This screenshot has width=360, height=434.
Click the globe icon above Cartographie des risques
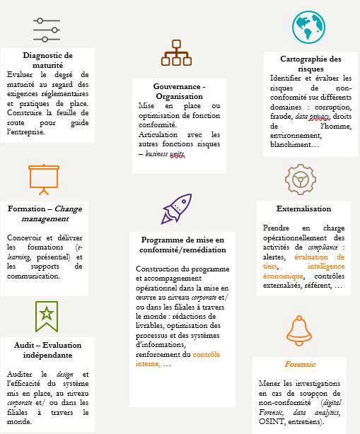click(309, 28)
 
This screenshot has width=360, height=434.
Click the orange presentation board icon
click(42, 178)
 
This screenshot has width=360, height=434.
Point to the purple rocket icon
click(177, 209)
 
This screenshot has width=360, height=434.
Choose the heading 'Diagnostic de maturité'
click(47, 60)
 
